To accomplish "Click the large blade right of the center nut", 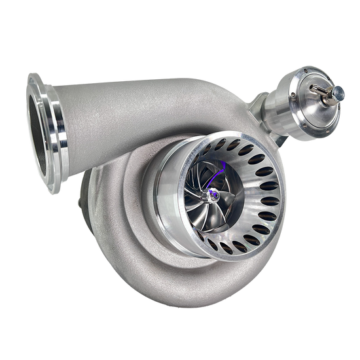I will click(229, 196).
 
